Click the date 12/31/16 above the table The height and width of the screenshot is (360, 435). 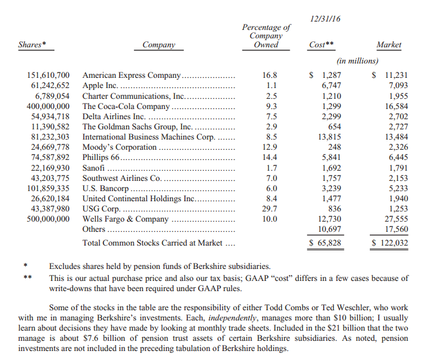coord(326,20)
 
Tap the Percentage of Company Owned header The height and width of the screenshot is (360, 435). coord(266,36)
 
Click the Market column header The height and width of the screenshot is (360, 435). coord(389,45)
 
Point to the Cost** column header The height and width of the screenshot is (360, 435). coord(321,45)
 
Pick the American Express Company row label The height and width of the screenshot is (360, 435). coord(131,75)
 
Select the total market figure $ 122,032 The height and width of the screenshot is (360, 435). coord(390,243)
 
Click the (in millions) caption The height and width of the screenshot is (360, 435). coord(357,60)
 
